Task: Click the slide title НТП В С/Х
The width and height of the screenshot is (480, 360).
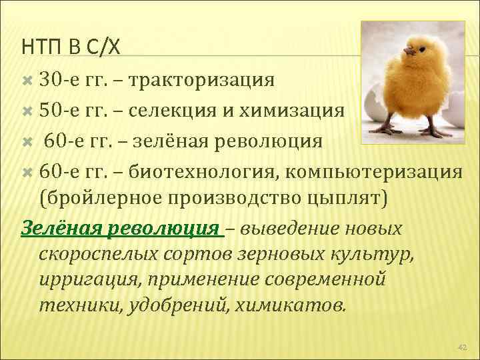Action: [71, 46]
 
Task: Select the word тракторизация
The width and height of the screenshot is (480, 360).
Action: [201, 81]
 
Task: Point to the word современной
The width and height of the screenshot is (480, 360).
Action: [321, 279]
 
